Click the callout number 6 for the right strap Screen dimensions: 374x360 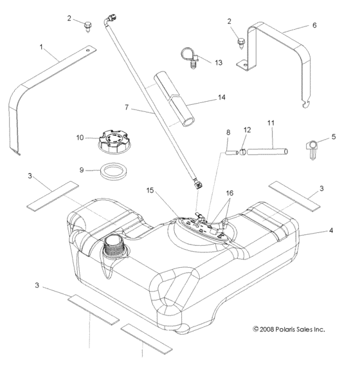(x=314, y=25)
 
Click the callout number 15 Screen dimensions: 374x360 (x=149, y=191)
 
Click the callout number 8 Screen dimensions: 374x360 (x=227, y=133)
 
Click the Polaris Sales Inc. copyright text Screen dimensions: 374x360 (x=289, y=329)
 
